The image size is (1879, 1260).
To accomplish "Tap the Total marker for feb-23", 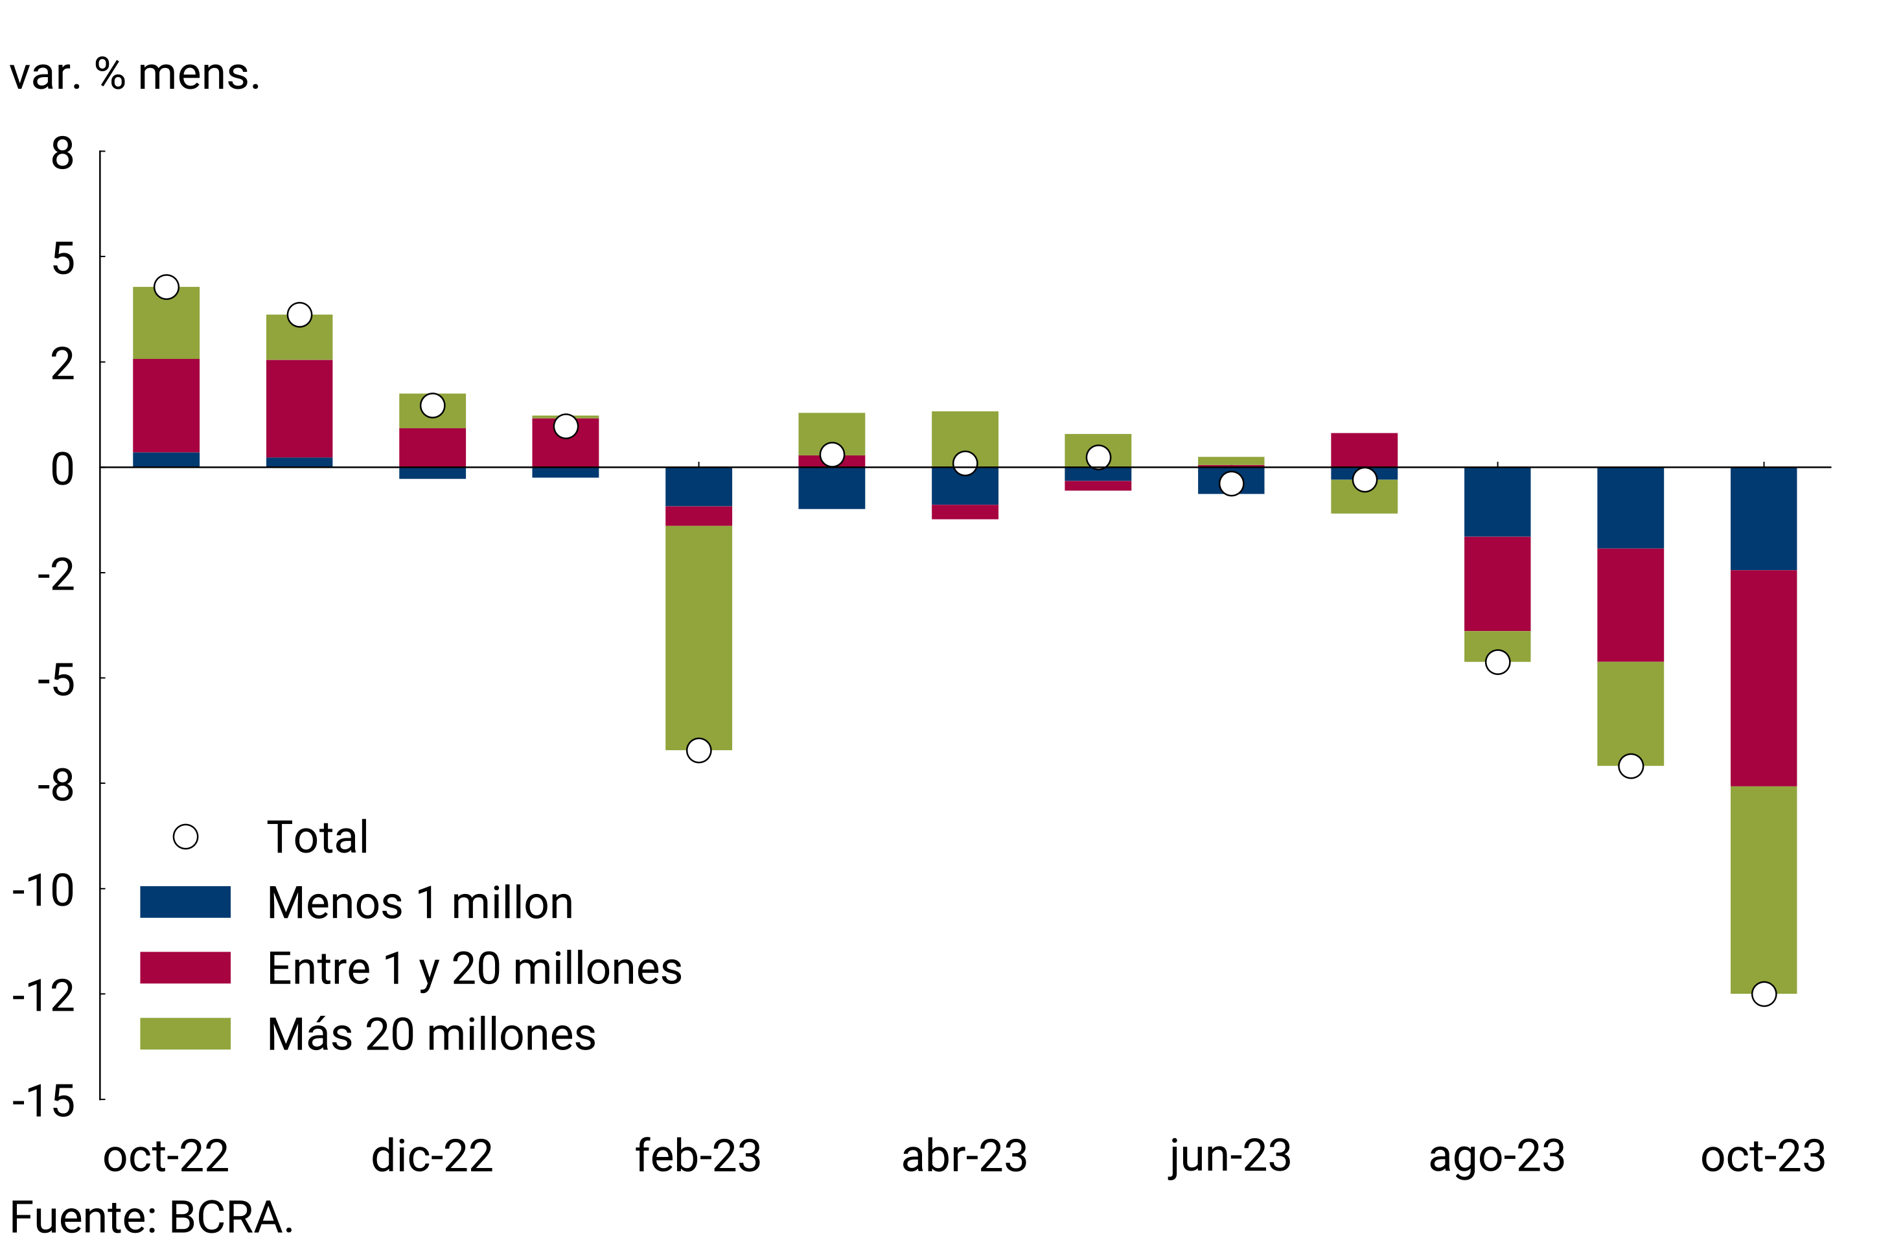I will (698, 751).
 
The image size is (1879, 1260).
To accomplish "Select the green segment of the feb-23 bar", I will (698, 637).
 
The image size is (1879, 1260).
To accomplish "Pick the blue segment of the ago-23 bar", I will (1497, 501).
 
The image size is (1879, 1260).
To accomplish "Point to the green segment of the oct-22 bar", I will (167, 323).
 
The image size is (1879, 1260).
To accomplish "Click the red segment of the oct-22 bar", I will (167, 406).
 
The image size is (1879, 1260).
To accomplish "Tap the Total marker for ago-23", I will (1497, 662).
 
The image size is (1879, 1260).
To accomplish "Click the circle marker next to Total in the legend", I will (186, 836).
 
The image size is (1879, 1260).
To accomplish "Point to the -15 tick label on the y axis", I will (43, 1101).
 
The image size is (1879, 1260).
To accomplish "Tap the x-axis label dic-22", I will (432, 1156).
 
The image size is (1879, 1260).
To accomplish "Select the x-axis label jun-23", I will (1230, 1156).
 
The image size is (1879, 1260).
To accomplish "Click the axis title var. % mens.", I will (135, 74).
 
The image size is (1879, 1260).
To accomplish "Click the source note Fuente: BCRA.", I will (151, 1217).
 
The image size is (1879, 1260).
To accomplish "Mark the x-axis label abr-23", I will (964, 1156).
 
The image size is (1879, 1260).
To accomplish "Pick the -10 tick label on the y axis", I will (43, 890).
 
